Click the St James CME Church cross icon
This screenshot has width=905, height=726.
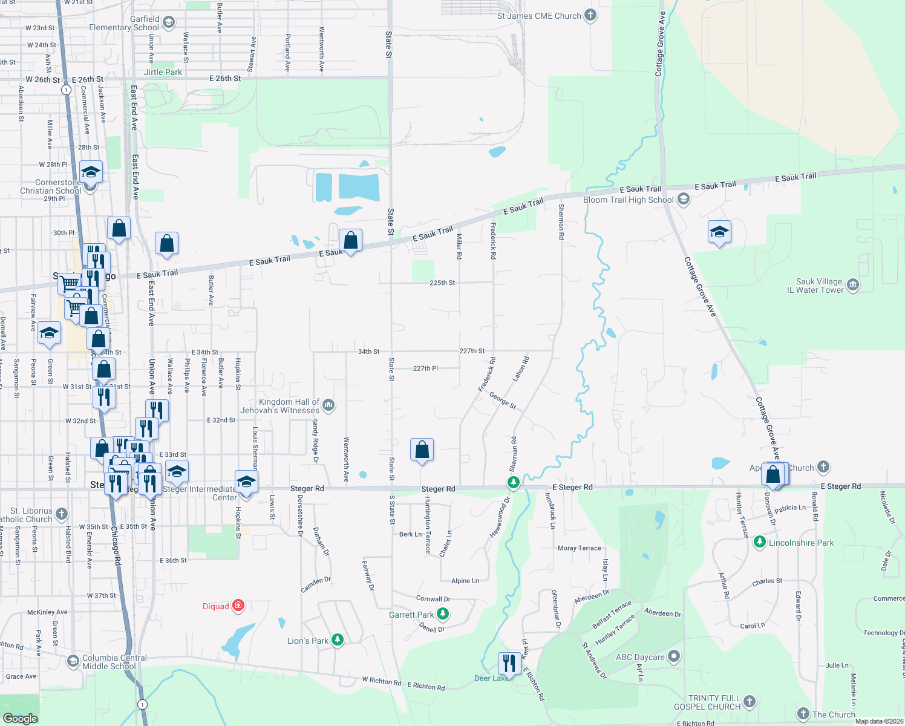(590, 16)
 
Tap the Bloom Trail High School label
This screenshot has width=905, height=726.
(628, 200)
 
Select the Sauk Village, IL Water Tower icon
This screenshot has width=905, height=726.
(853, 285)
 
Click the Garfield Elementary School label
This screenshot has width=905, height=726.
(124, 23)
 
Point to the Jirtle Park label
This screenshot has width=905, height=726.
(163, 72)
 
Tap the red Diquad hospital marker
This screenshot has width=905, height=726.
(238, 606)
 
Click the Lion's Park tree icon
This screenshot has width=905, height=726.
(338, 640)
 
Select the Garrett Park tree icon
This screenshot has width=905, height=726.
(443, 615)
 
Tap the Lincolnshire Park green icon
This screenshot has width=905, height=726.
(760, 543)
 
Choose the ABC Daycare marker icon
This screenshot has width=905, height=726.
(674, 656)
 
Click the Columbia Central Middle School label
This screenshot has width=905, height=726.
(114, 662)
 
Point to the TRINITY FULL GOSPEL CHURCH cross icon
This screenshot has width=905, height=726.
(750, 702)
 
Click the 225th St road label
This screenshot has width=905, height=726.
(442, 283)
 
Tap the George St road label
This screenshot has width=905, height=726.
(503, 401)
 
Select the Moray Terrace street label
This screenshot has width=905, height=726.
(580, 548)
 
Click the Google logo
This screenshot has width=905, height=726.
(20, 718)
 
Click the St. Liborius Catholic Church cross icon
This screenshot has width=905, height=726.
(62, 515)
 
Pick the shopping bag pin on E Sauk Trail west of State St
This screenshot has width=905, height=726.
(350, 241)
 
